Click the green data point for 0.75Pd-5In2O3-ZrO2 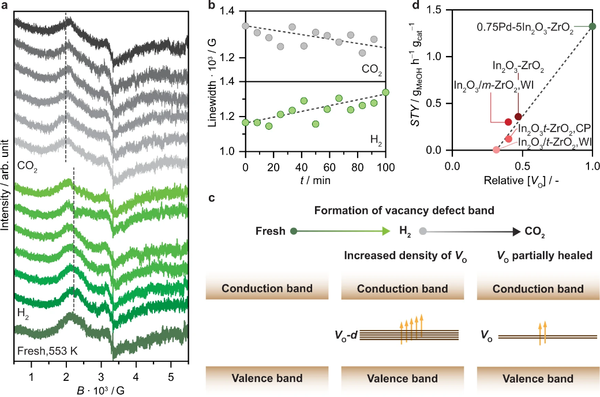coord(592,26)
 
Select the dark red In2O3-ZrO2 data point coord(518,117)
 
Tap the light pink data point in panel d coord(496,150)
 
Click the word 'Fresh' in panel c coord(270,231)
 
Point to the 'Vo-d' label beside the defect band coord(345,334)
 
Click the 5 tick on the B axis coord(171,376)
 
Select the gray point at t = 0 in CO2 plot coord(246,26)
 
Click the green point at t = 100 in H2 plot coord(385,92)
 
